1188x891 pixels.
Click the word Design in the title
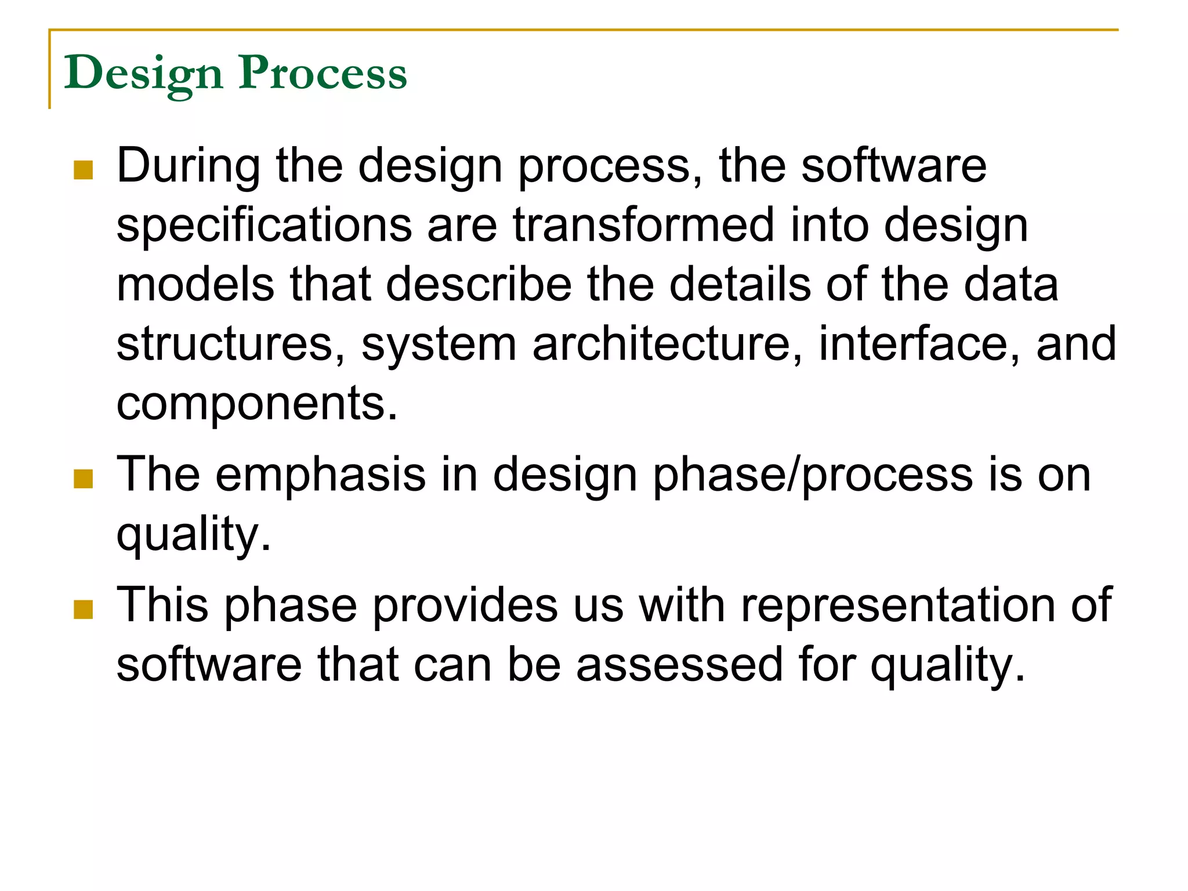pos(143,74)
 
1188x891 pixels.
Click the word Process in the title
pos(323,74)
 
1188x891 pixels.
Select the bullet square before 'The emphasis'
pos(84,479)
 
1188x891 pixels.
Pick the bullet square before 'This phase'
pos(84,610)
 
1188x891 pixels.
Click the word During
pos(189,167)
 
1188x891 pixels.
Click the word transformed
pos(643,226)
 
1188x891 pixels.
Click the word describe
pos(479,285)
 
